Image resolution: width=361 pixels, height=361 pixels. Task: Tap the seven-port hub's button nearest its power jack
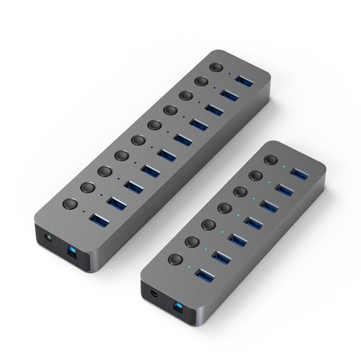tap(175, 258)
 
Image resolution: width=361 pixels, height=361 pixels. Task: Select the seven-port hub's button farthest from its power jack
tap(272, 161)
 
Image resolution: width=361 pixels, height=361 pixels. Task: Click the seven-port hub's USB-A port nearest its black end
tap(205, 274)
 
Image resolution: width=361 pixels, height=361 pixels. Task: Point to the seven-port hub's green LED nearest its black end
tap(189, 266)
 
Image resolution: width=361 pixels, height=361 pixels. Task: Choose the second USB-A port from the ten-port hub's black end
tap(116, 201)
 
